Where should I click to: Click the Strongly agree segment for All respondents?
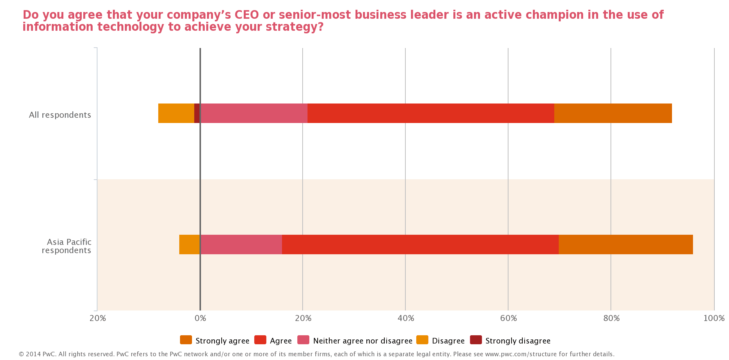613,113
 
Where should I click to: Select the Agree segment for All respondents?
430,113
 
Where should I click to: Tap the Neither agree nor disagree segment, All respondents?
254,113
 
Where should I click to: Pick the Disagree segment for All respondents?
176,113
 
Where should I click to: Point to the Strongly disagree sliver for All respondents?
197,113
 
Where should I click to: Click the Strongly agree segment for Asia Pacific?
625,244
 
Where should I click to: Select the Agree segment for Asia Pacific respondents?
420,244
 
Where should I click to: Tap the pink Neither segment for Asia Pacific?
241,244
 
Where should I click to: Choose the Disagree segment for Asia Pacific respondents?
189,244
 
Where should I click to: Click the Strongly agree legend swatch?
186,340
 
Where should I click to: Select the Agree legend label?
280,341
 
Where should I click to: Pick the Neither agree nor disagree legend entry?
362,341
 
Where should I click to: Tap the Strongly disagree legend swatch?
476,340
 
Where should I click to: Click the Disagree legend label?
448,341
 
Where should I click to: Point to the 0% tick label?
200,318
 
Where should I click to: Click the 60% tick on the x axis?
508,318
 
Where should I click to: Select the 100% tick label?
714,318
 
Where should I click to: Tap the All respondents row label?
60,115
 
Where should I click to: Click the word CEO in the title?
246,15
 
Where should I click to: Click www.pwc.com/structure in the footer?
521,354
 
